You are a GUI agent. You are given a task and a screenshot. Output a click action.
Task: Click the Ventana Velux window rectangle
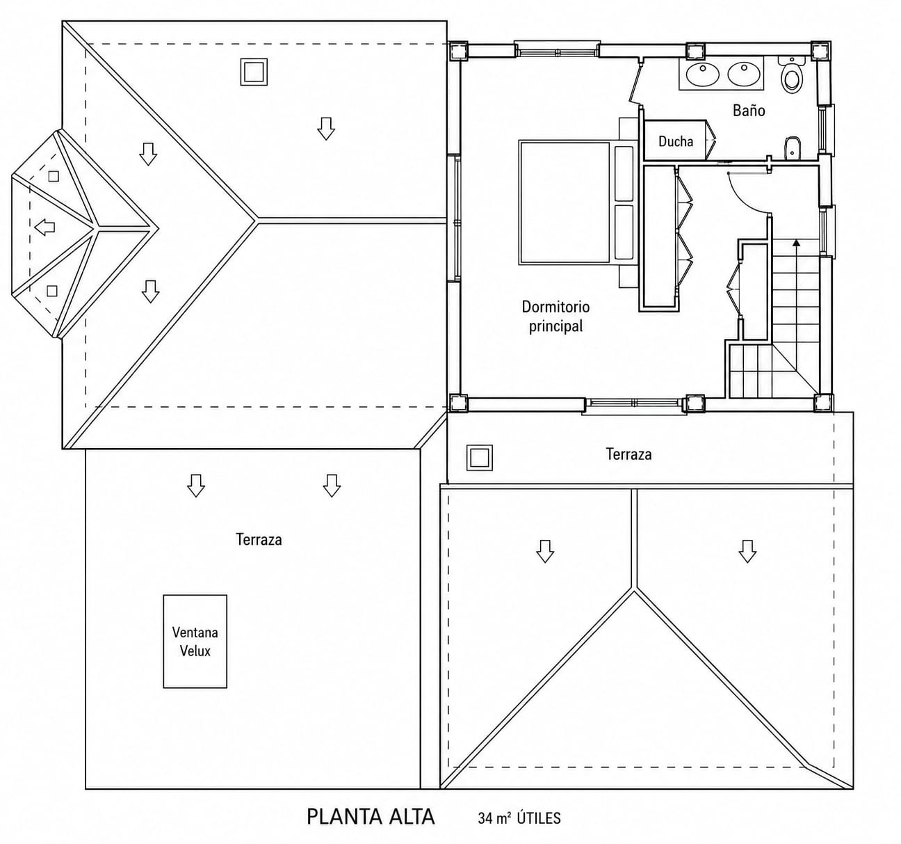pos(195,642)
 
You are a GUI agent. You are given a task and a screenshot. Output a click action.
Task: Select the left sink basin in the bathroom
pos(702,74)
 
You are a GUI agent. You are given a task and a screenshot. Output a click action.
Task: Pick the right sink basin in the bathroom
pos(745,74)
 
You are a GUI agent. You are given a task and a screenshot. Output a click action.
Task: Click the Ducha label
pos(676,142)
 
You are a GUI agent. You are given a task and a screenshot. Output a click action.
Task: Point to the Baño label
pos(749,111)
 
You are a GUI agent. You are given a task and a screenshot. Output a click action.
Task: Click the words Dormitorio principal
pos(555,316)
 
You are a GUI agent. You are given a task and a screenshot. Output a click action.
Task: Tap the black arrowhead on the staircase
pos(796,243)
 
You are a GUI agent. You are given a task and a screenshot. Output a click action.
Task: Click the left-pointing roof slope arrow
pos(44,227)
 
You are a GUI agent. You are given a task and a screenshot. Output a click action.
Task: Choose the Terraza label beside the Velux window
pos(259,540)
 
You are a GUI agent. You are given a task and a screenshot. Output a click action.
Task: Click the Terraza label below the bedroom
pos(628,454)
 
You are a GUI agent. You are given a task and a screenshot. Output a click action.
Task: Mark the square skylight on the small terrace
pos(480,458)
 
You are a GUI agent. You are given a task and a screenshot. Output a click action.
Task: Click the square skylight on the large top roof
pos(254,72)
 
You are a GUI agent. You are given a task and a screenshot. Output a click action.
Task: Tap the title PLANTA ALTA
pos(371,817)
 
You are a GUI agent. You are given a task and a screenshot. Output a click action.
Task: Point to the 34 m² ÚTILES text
pos(519,818)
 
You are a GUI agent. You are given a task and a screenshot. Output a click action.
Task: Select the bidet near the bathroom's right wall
pos(793,148)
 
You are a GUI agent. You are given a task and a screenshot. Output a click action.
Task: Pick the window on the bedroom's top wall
pos(557,49)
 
